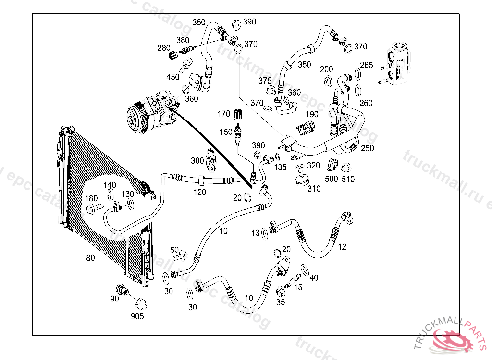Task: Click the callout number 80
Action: pyautogui.click(x=90, y=258)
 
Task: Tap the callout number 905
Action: pyautogui.click(x=137, y=316)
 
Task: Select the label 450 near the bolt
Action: pyautogui.click(x=173, y=77)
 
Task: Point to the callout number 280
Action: pyautogui.click(x=164, y=48)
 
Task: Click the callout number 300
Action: pyautogui.click(x=197, y=160)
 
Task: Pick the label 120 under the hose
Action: pyautogui.click(x=200, y=192)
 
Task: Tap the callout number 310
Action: pyautogui.click(x=314, y=189)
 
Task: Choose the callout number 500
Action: pyautogui.click(x=332, y=179)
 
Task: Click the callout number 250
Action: pyautogui.click(x=367, y=148)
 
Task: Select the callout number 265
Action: pyautogui.click(x=366, y=65)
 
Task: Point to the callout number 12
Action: pyautogui.click(x=342, y=247)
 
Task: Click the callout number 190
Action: pyautogui.click(x=312, y=114)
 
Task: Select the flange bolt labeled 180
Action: pyautogui.click(x=94, y=208)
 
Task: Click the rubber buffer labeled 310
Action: pyautogui.click(x=302, y=180)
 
